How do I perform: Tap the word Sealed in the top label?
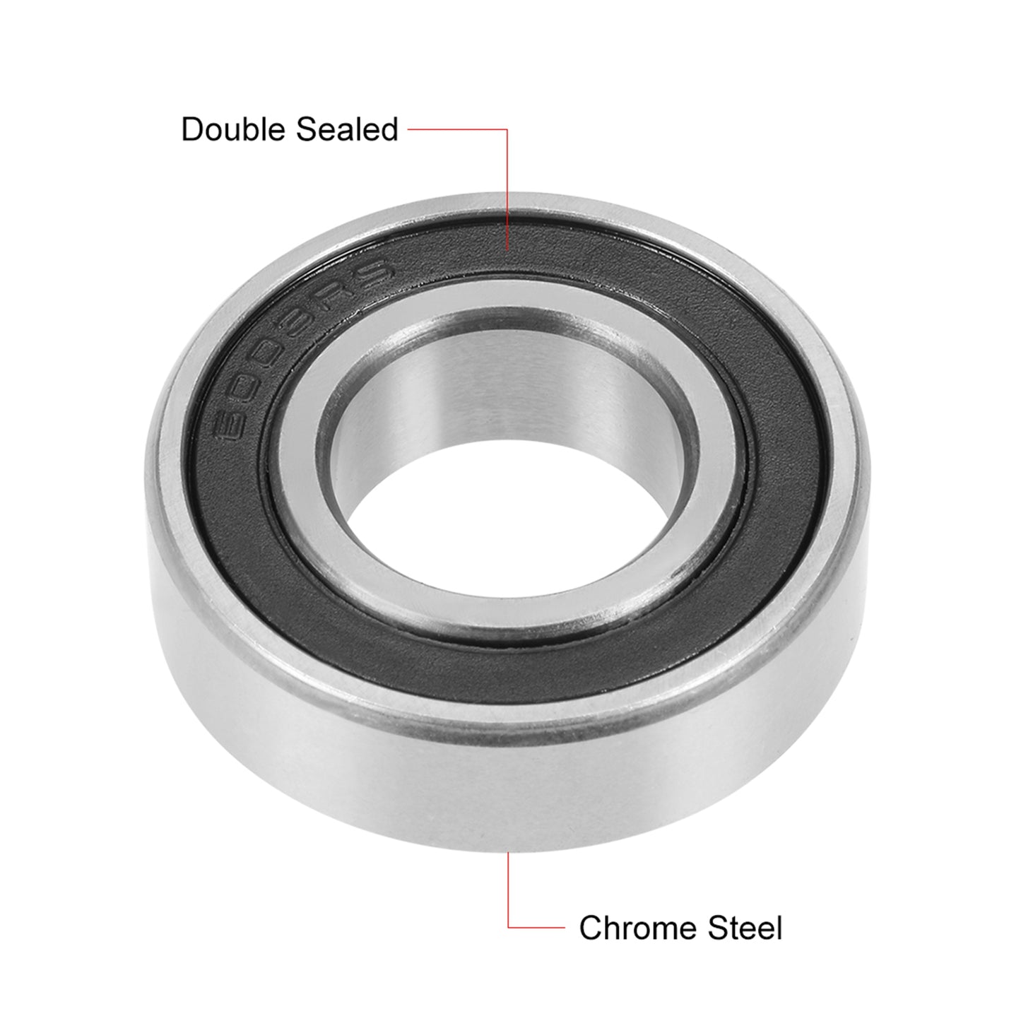click(x=346, y=129)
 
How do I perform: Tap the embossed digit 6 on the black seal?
click(x=232, y=423)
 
